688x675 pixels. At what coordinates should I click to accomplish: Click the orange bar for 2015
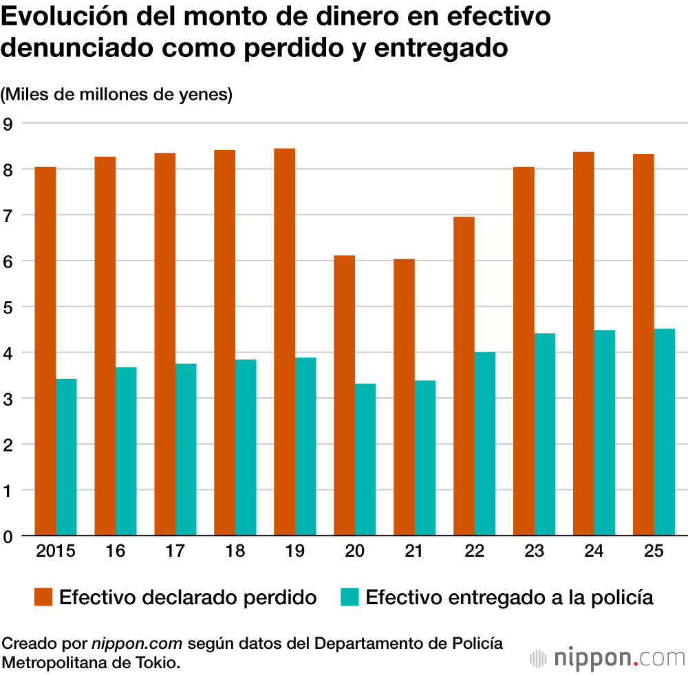(45, 351)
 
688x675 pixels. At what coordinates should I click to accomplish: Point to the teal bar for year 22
(485, 443)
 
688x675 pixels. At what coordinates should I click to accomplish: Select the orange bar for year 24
(583, 343)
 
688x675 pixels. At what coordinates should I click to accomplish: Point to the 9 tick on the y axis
(8, 124)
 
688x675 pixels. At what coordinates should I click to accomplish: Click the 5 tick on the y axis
(8, 307)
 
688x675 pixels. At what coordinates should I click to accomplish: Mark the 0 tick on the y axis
(8, 536)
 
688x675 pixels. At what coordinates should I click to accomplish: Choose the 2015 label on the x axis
(56, 552)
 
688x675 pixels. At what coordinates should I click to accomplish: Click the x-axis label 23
(534, 552)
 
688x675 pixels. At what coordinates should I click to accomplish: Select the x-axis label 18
(235, 552)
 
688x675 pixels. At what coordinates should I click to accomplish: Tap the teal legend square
(350, 597)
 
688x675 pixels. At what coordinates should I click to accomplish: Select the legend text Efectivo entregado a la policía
(509, 597)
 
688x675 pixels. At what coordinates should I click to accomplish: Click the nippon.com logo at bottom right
(608, 658)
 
